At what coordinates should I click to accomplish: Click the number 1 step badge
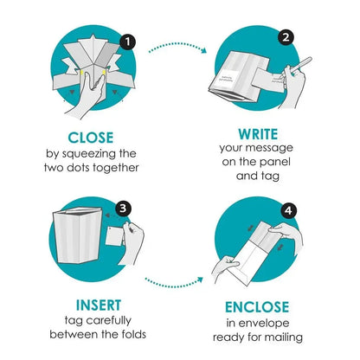click(127, 42)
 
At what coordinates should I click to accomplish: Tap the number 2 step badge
click(286, 37)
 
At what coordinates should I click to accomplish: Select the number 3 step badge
click(123, 209)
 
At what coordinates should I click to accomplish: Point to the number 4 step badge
click(288, 211)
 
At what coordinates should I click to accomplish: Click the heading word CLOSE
click(91, 138)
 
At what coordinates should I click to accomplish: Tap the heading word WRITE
click(258, 134)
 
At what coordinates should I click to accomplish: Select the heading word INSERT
click(99, 305)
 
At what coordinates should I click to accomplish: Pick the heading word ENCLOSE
click(257, 307)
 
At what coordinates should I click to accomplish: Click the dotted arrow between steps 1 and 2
click(177, 46)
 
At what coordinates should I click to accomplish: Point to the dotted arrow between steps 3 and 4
click(173, 285)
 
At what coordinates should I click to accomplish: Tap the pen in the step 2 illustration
click(299, 65)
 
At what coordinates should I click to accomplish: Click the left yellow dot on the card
click(81, 73)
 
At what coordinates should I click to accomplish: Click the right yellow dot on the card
click(104, 72)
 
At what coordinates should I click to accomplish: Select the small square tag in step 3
click(115, 236)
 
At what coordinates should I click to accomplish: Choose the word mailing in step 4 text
click(286, 337)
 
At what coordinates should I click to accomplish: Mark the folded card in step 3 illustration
click(77, 235)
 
